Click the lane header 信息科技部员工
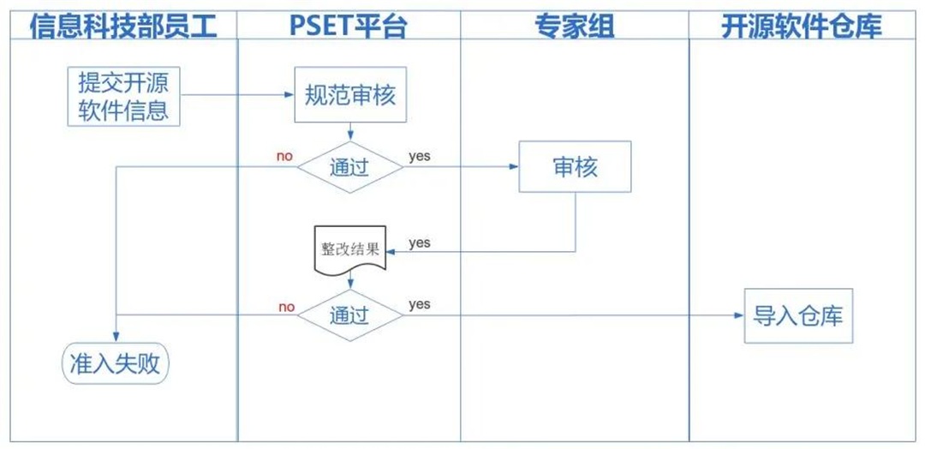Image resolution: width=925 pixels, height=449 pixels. [x=123, y=26]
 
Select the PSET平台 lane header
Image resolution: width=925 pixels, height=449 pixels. [x=348, y=26]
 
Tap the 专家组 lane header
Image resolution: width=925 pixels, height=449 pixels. [x=575, y=26]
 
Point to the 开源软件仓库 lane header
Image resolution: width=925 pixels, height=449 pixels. [x=802, y=26]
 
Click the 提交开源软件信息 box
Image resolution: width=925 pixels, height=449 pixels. [x=123, y=97]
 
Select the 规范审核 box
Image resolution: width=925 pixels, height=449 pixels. [x=350, y=95]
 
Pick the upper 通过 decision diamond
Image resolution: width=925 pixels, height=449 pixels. [x=349, y=167]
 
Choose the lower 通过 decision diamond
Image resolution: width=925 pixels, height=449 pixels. [x=349, y=314]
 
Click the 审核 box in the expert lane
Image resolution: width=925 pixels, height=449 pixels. [x=575, y=167]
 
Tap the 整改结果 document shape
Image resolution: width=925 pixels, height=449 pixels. [x=349, y=250]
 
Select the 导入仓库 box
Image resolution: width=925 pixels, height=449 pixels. [x=798, y=315]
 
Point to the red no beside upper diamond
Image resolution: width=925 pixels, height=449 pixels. [x=284, y=156]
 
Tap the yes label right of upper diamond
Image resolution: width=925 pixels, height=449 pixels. [x=420, y=156]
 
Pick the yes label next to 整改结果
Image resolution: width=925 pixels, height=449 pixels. [x=420, y=243]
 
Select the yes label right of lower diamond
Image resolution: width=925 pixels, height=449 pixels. [x=420, y=304]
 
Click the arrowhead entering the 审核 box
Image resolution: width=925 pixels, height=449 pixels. [x=514, y=167]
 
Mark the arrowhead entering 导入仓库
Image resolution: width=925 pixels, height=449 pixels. [x=739, y=315]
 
